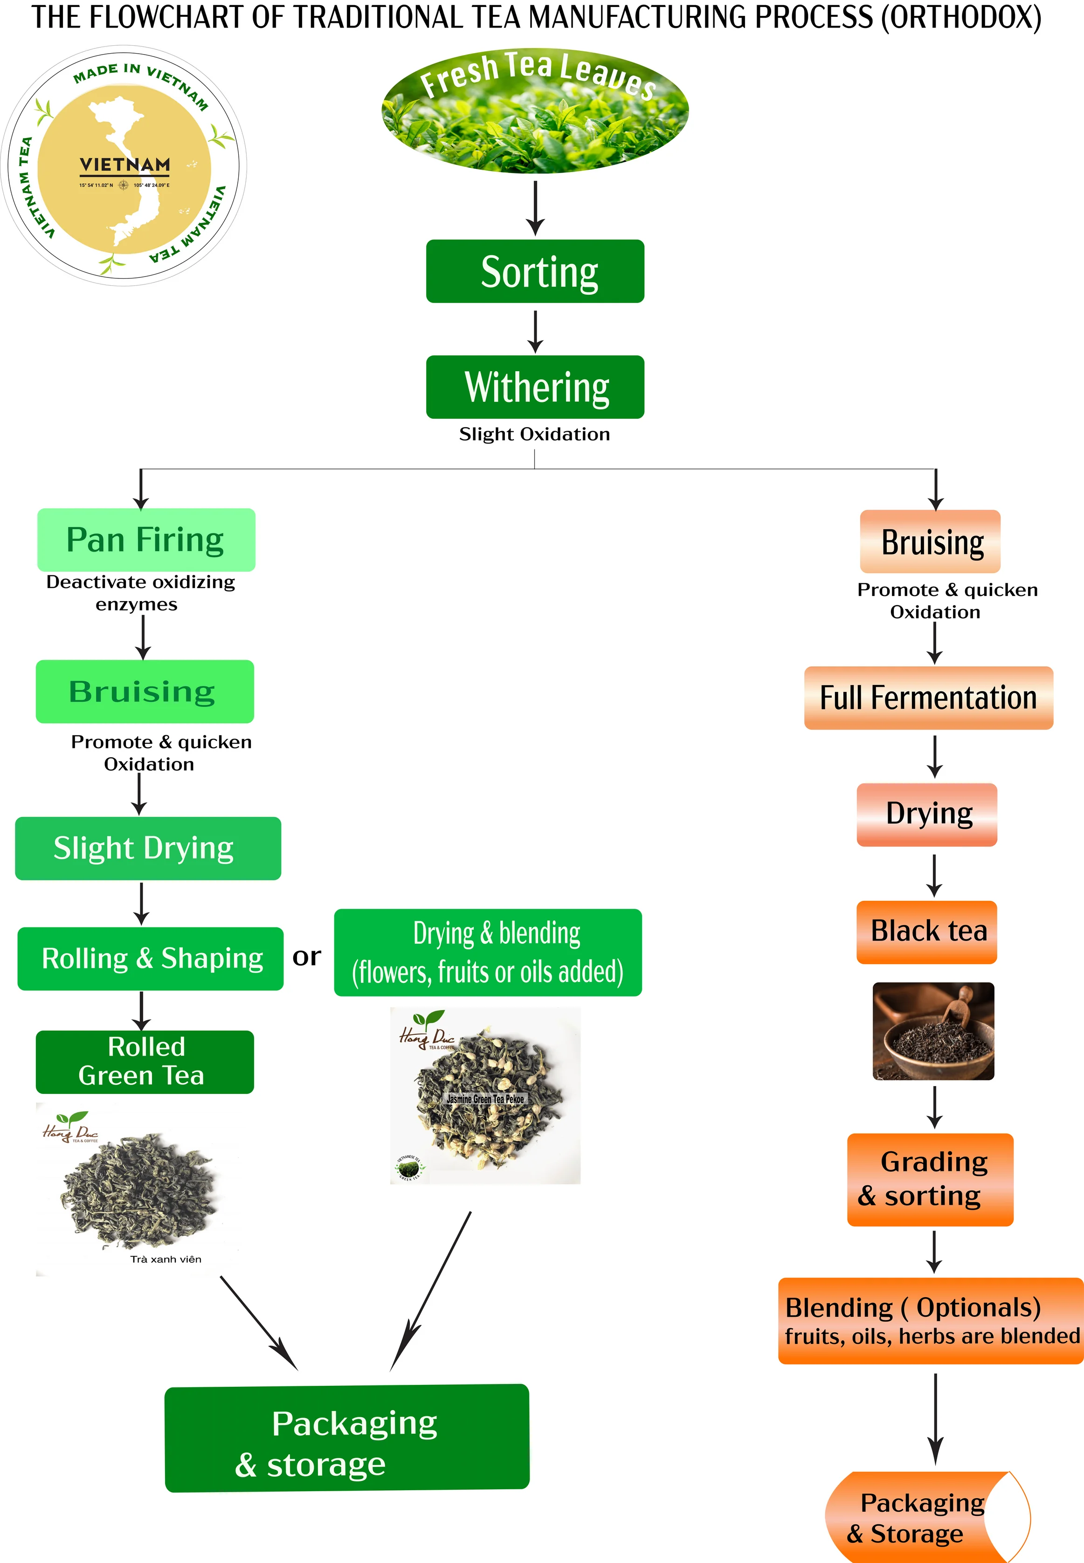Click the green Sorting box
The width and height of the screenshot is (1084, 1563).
pos(535,271)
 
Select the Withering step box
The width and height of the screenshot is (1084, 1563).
pos(535,387)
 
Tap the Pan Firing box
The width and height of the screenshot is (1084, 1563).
pos(146,540)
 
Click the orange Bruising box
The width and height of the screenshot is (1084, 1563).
pos(930,541)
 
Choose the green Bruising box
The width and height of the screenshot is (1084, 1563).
pos(145,692)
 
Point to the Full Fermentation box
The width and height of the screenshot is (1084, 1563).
pos(928,698)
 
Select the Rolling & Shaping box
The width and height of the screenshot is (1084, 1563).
pos(150,958)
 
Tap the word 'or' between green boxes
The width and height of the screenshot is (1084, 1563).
pos(306,956)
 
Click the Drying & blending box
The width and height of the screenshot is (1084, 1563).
pos(488,952)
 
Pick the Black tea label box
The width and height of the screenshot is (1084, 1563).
pos(927,932)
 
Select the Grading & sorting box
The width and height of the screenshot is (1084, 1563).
pos(930,1179)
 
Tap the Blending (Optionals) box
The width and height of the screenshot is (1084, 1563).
pos(931,1321)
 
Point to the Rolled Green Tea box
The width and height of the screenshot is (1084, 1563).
pos(145,1062)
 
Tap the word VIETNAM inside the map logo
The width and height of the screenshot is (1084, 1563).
pos(125,165)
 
